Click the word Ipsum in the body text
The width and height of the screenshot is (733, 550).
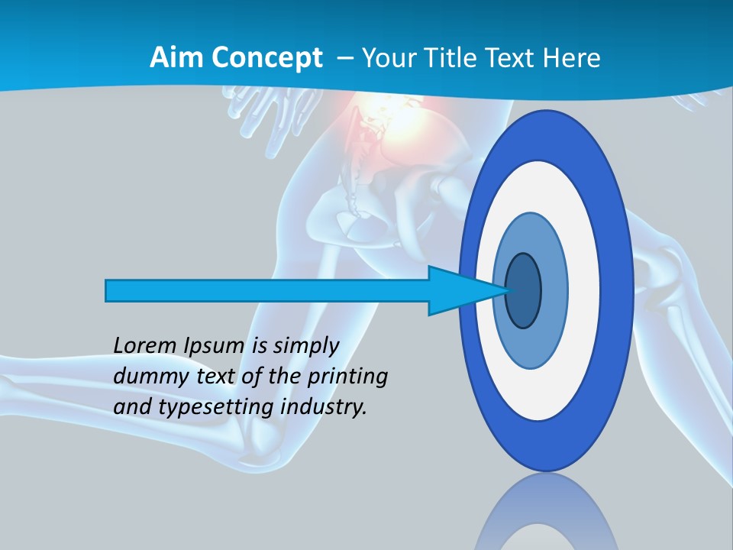coord(215,346)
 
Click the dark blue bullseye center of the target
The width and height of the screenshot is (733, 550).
coord(524,291)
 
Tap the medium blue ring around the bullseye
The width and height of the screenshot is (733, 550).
coord(554,291)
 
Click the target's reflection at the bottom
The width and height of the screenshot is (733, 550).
coord(547,516)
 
